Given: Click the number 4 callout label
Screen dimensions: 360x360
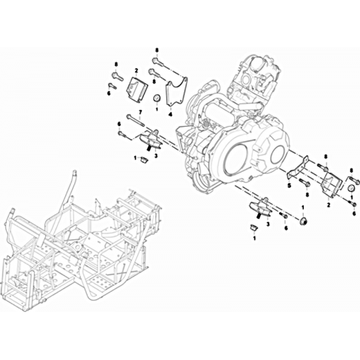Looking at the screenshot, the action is click(170, 115).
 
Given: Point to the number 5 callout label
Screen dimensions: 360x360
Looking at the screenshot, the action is click(289, 186).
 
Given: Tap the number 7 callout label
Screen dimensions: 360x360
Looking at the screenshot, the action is click(140, 112).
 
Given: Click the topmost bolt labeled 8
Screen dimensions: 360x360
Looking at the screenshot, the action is click(158, 62).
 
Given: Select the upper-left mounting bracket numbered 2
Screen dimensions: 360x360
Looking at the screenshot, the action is click(137, 89).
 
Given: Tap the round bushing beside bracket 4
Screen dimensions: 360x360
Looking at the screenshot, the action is click(157, 98).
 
